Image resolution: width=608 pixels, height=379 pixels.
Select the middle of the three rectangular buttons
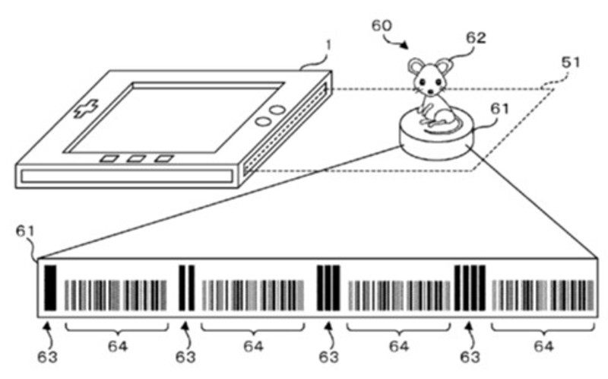[x=137, y=160]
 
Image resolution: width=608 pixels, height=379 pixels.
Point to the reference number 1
[x=328, y=46]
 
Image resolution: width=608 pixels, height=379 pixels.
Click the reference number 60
[x=382, y=27]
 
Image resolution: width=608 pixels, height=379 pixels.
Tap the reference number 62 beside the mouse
[x=477, y=37]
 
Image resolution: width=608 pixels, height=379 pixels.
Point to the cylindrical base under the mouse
[x=438, y=141]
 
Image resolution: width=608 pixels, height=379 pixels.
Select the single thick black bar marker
[x=51, y=288]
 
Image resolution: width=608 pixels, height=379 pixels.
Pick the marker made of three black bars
[x=328, y=288]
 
